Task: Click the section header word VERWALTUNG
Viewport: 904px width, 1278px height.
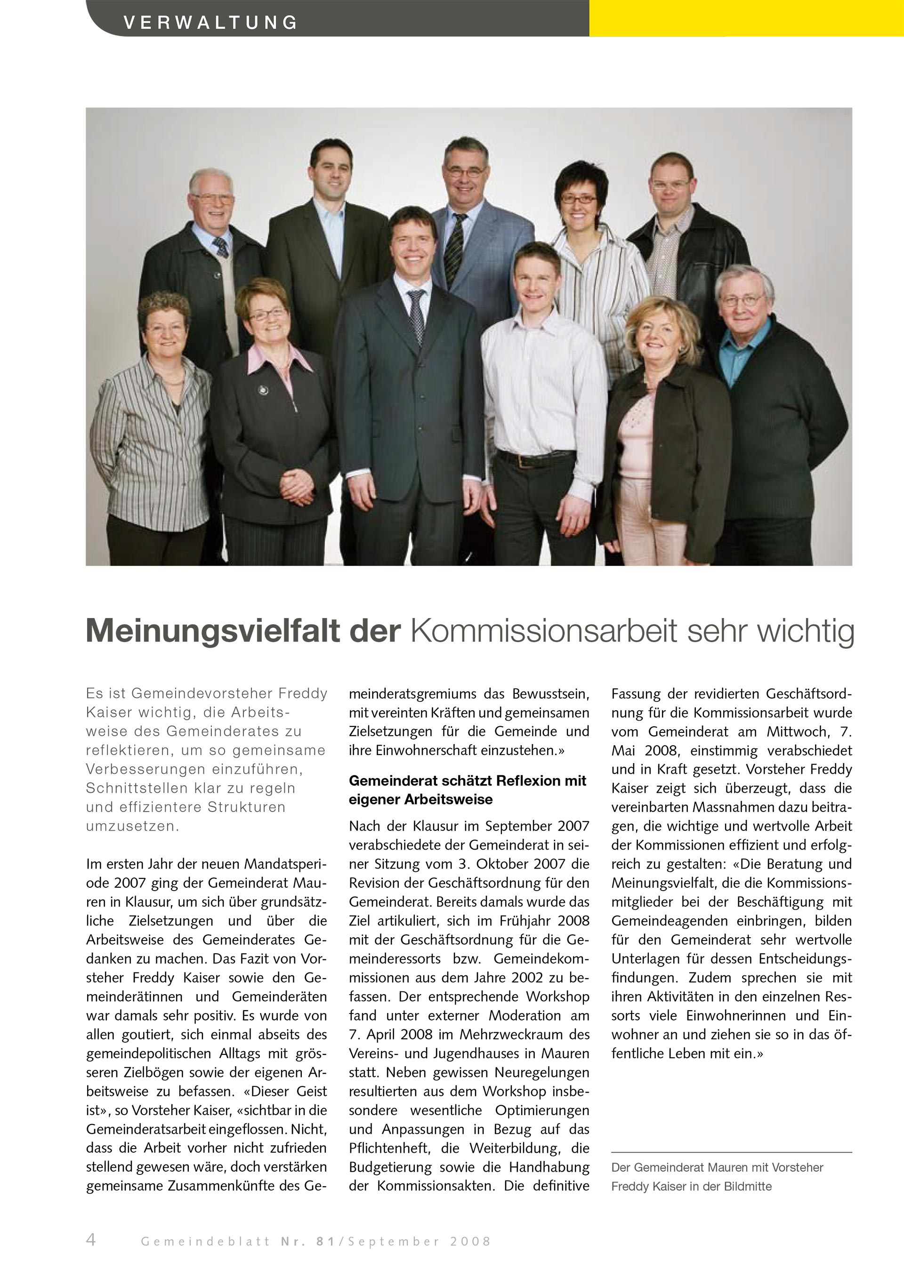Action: point(210,23)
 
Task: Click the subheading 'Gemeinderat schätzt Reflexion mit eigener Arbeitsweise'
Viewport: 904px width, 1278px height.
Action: point(468,790)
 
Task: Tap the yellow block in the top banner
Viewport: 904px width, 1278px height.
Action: point(746,18)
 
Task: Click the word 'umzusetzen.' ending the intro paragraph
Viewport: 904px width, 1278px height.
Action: point(132,827)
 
